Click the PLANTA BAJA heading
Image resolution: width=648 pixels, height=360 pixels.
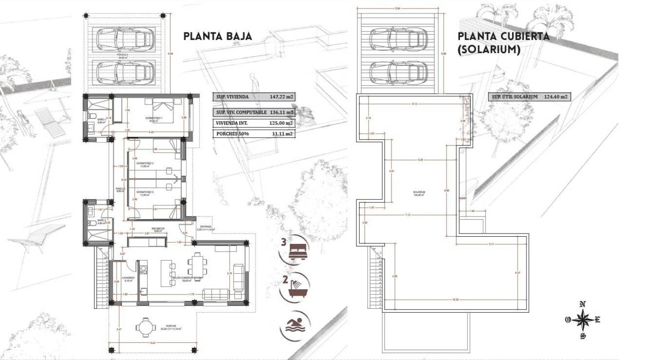[x=217, y=36]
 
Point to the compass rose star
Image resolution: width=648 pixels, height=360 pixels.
[x=583, y=320]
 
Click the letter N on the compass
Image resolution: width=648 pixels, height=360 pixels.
[x=583, y=304]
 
